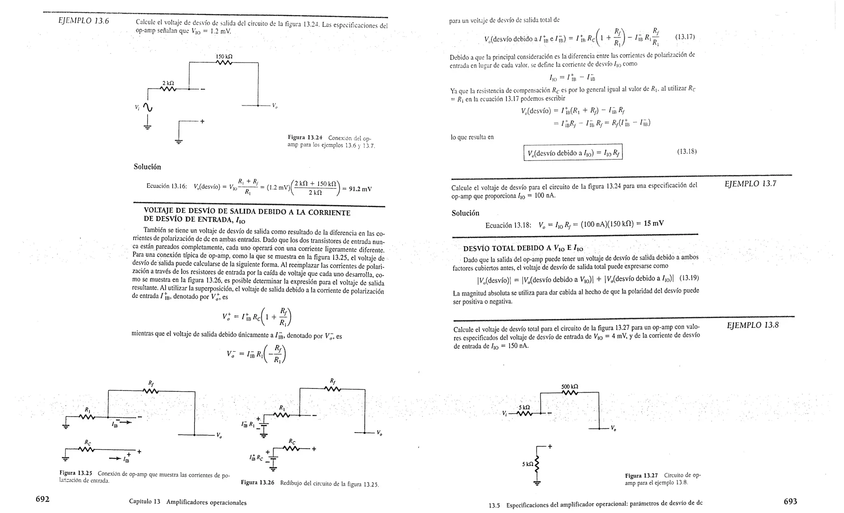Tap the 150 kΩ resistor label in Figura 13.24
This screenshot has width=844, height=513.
[224, 56]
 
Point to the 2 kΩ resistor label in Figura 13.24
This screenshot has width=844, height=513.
[168, 83]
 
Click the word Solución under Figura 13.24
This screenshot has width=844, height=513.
[147, 167]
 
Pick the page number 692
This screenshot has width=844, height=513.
[42, 499]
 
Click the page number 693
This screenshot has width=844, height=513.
[790, 501]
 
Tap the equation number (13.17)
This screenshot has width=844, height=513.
[685, 37]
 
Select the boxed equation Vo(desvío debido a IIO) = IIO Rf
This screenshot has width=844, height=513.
[573, 153]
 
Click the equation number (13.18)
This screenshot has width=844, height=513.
[687, 151]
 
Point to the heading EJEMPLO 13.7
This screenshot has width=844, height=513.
[750, 184]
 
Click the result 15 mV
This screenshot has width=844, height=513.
[654, 224]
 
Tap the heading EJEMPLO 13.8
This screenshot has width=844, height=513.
[753, 325]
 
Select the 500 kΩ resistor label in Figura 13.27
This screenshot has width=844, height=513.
[570, 387]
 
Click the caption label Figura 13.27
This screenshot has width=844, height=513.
[641, 475]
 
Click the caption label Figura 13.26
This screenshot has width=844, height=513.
[258, 482]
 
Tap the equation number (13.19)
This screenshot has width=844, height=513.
[689, 278]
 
